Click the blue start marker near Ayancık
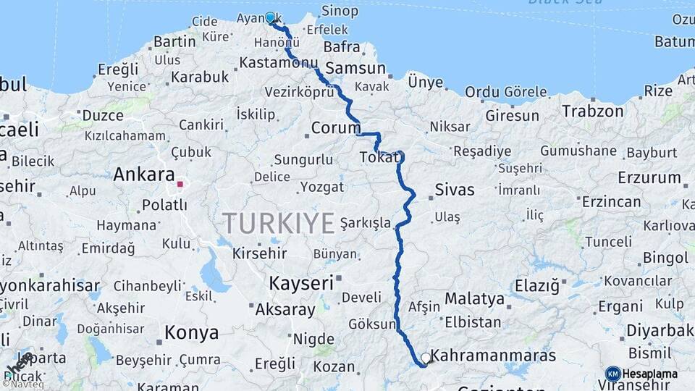[x=270, y=17]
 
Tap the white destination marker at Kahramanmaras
[x=426, y=358]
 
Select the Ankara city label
[x=144, y=175]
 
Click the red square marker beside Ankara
[x=180, y=184]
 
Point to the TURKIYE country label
[x=279, y=222]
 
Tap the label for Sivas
[x=455, y=190]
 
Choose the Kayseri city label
[x=300, y=282]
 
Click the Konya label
[x=191, y=333]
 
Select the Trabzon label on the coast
[x=593, y=112]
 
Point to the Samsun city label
[x=355, y=68]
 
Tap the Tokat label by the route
[x=377, y=157]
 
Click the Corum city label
[x=335, y=128]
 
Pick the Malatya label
[x=474, y=298]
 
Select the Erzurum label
[x=649, y=177]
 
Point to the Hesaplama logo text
[x=651, y=374]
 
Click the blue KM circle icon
[x=612, y=374]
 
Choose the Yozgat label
[x=322, y=187]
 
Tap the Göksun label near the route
[x=372, y=324]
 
